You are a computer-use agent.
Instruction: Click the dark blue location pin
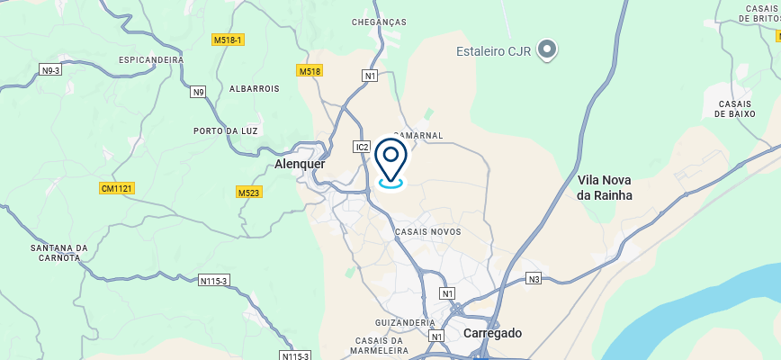390,160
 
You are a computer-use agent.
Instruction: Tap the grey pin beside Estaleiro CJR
547,49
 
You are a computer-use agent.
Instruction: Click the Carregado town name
492,333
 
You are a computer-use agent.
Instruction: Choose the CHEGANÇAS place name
379,22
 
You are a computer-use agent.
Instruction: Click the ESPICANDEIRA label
151,60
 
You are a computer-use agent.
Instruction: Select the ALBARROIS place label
255,89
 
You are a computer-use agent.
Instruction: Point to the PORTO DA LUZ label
226,131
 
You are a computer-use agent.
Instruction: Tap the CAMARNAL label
419,136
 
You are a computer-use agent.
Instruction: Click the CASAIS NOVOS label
427,232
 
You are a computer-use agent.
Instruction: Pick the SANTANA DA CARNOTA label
58,253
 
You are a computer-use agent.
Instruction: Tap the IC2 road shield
363,146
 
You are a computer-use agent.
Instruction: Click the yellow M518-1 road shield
229,40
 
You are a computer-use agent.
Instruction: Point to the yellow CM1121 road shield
117,188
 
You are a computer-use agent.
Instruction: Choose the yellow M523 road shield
248,193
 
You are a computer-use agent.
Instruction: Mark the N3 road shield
534,279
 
